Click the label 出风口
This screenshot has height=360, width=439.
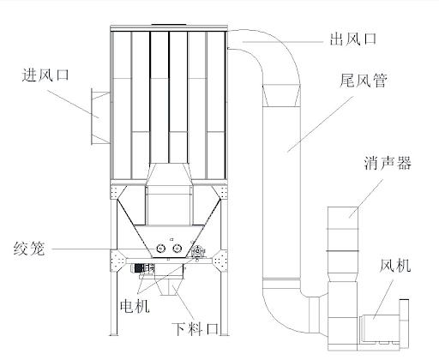tap(353, 39)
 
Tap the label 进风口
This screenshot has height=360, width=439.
tap(45, 75)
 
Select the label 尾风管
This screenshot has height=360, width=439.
tap(364, 80)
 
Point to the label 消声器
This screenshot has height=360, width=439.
tap(388, 163)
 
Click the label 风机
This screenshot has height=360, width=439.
tap(395, 266)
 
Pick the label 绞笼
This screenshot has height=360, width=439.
tap(29, 249)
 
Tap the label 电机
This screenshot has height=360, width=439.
tap(135, 306)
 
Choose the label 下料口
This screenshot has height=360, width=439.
tap(195, 329)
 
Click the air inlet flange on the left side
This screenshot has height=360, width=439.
tap(100, 117)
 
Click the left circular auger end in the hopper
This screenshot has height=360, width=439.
tap(161, 249)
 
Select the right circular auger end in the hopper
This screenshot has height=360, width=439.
tap(177, 249)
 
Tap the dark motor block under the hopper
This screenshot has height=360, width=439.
tap(139, 268)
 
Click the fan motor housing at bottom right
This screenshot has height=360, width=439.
tap(381, 328)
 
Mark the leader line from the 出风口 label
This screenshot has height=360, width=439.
tap(283, 42)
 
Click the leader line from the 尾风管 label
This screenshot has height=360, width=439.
tap(321, 124)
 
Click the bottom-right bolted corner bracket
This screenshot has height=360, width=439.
tap(219, 261)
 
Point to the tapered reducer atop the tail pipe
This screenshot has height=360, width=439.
tap(281, 95)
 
